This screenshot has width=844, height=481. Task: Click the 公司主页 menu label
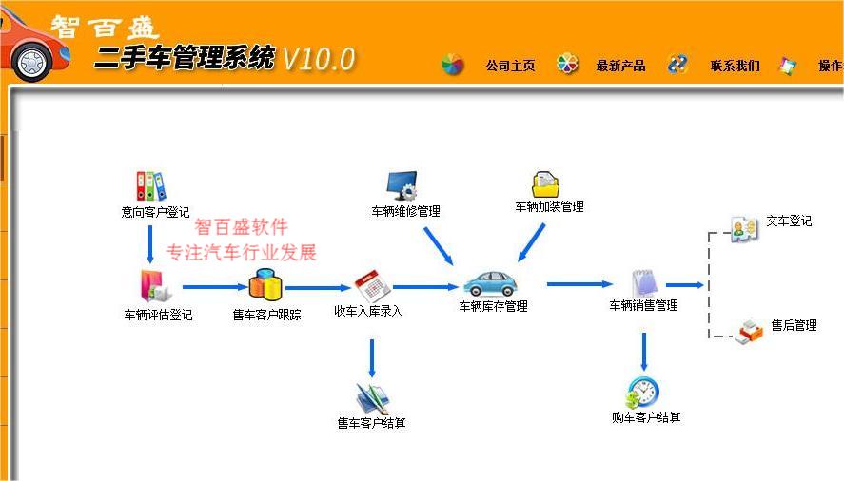pyautogui.click(x=510, y=66)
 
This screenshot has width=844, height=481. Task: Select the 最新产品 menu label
pyautogui.click(x=620, y=66)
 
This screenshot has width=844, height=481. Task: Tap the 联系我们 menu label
pyautogui.click(x=736, y=66)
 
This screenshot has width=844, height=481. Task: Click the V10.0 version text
pyautogui.click(x=319, y=59)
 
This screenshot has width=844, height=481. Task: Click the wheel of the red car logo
pyautogui.click(x=32, y=62)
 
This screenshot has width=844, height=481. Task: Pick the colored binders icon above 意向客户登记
pyautogui.click(x=150, y=186)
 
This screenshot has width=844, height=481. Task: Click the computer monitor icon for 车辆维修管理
pyautogui.click(x=402, y=186)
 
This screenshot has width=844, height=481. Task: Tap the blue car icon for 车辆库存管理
pyautogui.click(x=490, y=283)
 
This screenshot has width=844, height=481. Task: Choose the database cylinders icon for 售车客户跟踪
pyautogui.click(x=265, y=285)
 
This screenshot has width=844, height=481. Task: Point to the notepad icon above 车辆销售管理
pyautogui.click(x=644, y=282)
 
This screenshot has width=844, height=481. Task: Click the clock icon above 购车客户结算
pyautogui.click(x=641, y=394)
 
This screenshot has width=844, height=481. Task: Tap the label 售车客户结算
pyautogui.click(x=371, y=423)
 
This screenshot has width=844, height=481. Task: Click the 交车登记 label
pyautogui.click(x=789, y=221)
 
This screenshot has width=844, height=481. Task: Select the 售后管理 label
pyautogui.click(x=794, y=325)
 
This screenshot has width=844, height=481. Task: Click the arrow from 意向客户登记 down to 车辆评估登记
pyautogui.click(x=150, y=244)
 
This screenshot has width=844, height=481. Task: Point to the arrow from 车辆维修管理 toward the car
pyautogui.click(x=439, y=246)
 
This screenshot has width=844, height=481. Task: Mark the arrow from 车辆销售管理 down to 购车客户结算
pyautogui.click(x=644, y=352)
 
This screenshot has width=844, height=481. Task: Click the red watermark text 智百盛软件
pyautogui.click(x=241, y=226)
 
